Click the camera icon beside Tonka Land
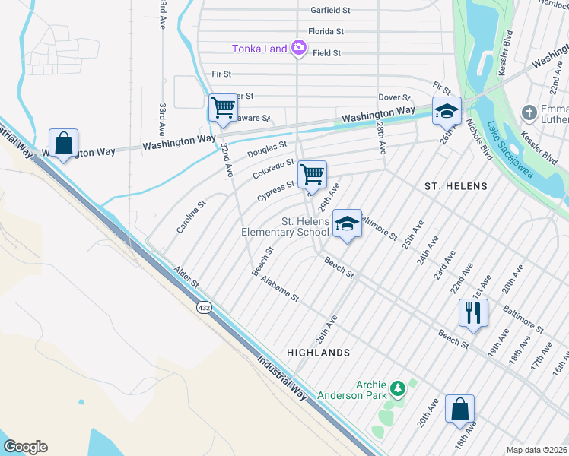(x=299, y=49)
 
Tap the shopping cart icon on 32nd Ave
(x=222, y=107)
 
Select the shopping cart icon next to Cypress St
(x=312, y=174)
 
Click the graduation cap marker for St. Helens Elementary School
(x=347, y=223)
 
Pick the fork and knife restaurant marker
(x=472, y=312)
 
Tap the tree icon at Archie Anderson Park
(x=396, y=390)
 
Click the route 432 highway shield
(x=203, y=308)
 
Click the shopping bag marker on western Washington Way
(x=63, y=142)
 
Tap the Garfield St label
(x=330, y=11)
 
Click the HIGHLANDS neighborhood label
(x=319, y=353)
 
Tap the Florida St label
(x=326, y=32)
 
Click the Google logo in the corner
(x=25, y=447)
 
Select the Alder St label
(x=186, y=277)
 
